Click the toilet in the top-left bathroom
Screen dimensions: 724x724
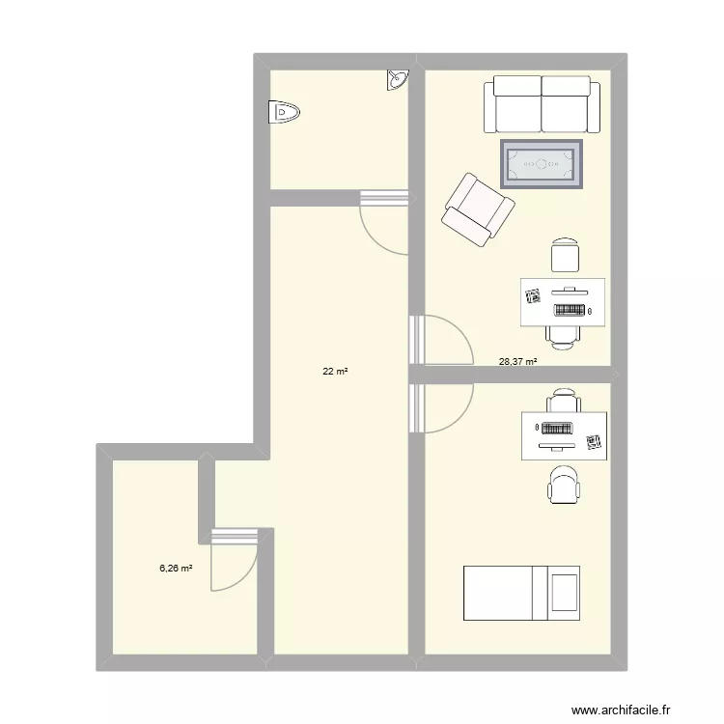tap(284, 113)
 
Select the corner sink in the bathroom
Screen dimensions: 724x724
tap(398, 80)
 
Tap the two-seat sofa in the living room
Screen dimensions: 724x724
tap(542, 104)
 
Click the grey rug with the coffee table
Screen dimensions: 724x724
tap(542, 163)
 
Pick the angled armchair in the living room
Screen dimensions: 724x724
tap(477, 210)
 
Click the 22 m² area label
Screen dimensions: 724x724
tap(335, 369)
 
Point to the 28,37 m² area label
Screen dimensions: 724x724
tap(517, 362)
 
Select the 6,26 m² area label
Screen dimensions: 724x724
tap(176, 569)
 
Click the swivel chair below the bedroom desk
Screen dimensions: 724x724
tap(564, 485)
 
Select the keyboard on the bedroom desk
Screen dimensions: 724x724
tap(558, 428)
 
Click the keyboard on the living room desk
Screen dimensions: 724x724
tap(570, 311)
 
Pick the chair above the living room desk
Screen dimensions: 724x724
tap(565, 256)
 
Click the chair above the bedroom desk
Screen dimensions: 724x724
tap(564, 399)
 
